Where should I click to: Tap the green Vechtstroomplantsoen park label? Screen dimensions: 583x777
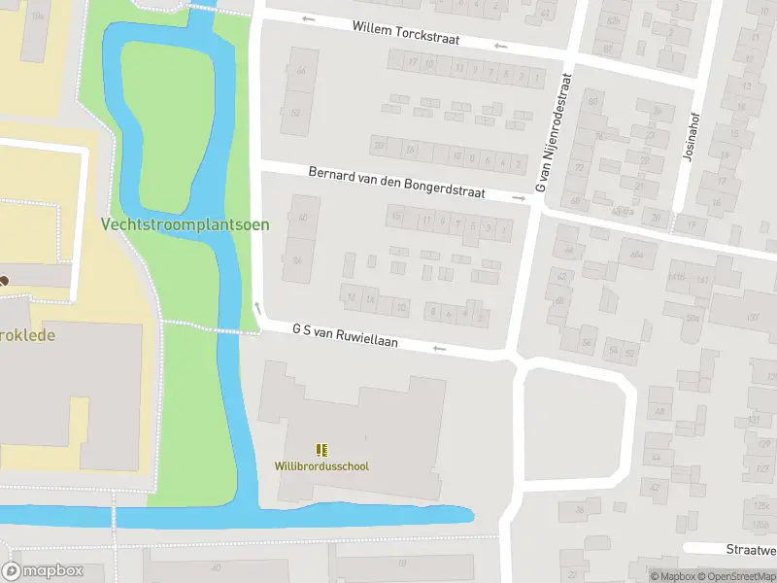click(186, 224)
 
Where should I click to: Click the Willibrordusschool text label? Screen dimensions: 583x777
click(321, 466)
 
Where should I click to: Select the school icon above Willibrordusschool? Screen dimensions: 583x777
click(321, 449)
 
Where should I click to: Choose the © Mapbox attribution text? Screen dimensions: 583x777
click(673, 576)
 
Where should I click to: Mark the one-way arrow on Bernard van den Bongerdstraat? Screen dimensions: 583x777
click(519, 199)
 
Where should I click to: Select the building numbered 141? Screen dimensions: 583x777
click(702, 280)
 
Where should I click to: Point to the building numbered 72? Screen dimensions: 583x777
click(579, 166)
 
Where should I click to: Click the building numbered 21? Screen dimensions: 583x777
click(638, 187)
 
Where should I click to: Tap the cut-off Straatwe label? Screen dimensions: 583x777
click(751, 549)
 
